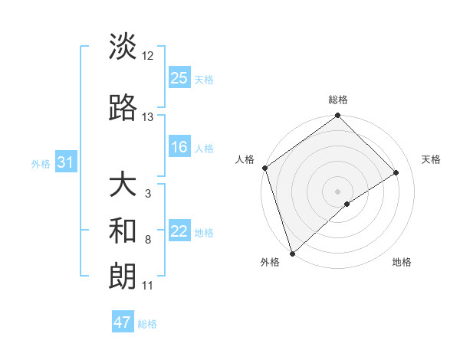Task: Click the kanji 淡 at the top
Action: click(123, 47)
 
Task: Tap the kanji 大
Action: click(123, 185)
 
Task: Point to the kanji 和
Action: click(123, 231)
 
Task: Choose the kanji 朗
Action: click(123, 275)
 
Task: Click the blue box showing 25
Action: click(179, 78)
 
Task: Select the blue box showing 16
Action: click(179, 147)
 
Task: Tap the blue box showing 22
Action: click(179, 231)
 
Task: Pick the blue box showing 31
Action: click(64, 162)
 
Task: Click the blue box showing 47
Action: click(123, 322)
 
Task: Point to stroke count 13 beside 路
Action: click(148, 117)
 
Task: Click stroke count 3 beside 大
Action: click(148, 194)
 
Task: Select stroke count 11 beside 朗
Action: click(148, 286)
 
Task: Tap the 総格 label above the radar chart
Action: click(337, 100)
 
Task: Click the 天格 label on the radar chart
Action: click(432, 159)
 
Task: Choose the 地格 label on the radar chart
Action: click(402, 263)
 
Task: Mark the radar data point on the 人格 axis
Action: click(264, 168)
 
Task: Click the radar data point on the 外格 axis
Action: click(292, 252)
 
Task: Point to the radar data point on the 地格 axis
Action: click(347, 204)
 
